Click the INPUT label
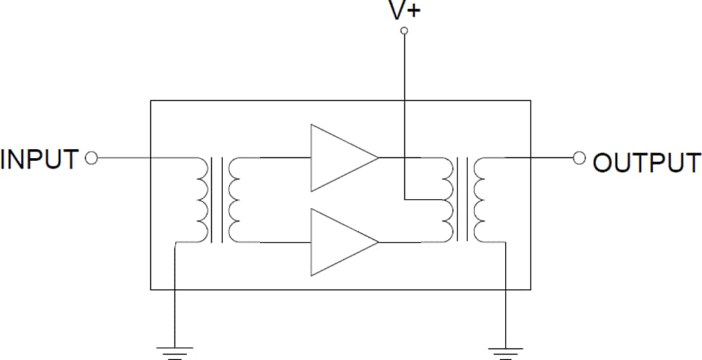pos(40,159)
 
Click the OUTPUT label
pos(647,162)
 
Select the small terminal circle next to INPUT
pos(92,158)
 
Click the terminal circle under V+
pos(404,31)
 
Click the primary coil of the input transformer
pos(203,199)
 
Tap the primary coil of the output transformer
pos(447,199)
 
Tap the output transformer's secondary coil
pos(480,199)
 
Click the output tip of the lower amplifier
pos(378,242)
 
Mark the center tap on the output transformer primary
pos(442,199)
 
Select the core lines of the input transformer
pos(218,199)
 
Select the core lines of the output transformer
pos(463,199)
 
